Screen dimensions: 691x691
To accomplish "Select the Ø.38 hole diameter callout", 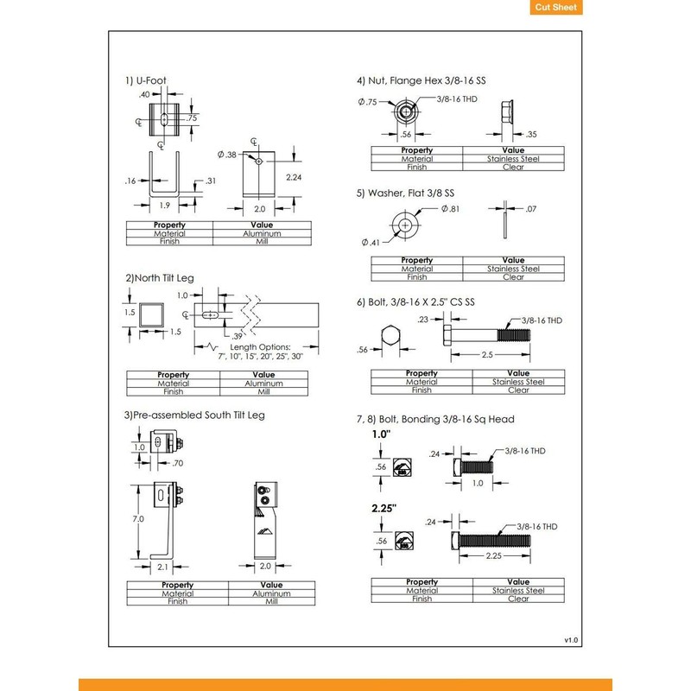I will pyautogui.click(x=228, y=154).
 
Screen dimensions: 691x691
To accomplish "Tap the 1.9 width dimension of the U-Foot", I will pyautogui.click(x=164, y=206).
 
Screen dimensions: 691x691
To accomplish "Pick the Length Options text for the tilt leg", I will pyautogui.click(x=261, y=350).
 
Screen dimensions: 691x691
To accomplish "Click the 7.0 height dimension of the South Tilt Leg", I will pyautogui.click(x=138, y=521).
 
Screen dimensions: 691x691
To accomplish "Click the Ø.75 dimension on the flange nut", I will pyautogui.click(x=367, y=103).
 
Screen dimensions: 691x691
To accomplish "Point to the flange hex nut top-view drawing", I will pyautogui.click(x=405, y=111).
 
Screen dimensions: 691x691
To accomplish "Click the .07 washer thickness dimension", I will pyautogui.click(x=530, y=208).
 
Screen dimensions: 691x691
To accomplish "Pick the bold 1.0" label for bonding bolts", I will pyautogui.click(x=382, y=434).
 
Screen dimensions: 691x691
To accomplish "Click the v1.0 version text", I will pyautogui.click(x=570, y=640).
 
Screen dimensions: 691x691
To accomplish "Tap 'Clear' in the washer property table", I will pyautogui.click(x=513, y=277).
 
